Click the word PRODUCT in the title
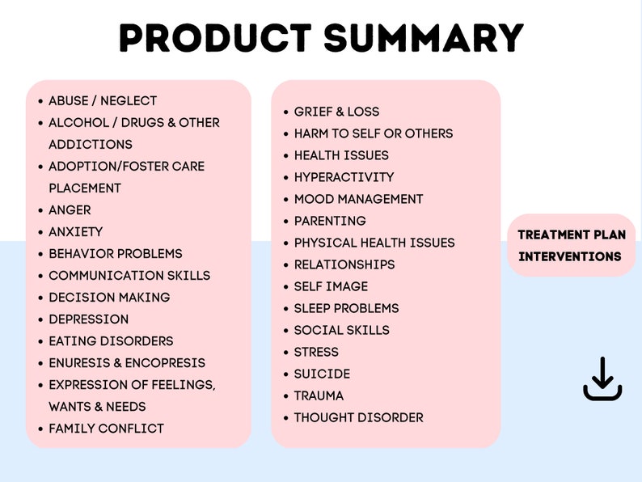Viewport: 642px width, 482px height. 214,38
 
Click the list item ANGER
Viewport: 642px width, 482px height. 70,209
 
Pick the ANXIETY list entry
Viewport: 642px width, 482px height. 75,231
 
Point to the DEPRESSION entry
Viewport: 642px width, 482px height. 88,319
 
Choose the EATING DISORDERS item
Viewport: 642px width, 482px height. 111,340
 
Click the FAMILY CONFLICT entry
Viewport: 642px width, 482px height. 106,428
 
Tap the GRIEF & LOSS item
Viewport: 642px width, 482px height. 336,112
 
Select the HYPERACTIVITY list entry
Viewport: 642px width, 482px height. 344,177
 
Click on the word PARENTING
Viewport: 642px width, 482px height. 330,221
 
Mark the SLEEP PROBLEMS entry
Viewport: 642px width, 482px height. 346,308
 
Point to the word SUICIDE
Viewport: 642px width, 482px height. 322,374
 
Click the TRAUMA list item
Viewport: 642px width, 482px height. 319,395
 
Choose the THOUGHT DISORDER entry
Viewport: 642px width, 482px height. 358,417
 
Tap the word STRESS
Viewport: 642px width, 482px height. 316,352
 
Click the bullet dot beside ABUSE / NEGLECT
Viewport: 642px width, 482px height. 40,101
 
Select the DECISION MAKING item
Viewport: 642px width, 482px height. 109,297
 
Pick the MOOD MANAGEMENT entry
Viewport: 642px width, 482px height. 358,199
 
